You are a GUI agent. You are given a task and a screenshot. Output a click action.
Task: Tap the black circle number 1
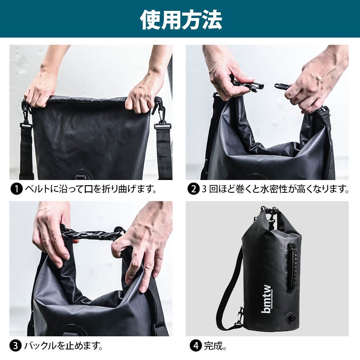16,189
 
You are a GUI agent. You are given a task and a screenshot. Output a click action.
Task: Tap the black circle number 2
193,189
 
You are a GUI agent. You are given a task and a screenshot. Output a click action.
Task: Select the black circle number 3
16,346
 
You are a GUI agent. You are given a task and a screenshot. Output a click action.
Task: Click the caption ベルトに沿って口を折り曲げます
90,189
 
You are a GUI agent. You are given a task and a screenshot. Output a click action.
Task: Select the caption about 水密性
275,189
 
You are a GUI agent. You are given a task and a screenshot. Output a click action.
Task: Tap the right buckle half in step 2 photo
282,86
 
